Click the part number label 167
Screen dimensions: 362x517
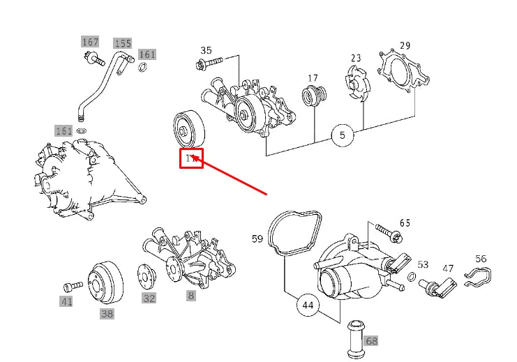pos(90,42)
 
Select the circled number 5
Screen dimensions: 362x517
pos(343,135)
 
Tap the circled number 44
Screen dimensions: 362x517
pos(308,305)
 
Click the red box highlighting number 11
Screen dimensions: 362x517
pos(191,159)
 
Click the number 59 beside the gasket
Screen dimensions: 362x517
pos(257,239)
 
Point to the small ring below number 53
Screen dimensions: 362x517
pos(413,279)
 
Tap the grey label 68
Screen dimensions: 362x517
pos(371,341)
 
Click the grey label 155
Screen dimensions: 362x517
pos(123,44)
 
